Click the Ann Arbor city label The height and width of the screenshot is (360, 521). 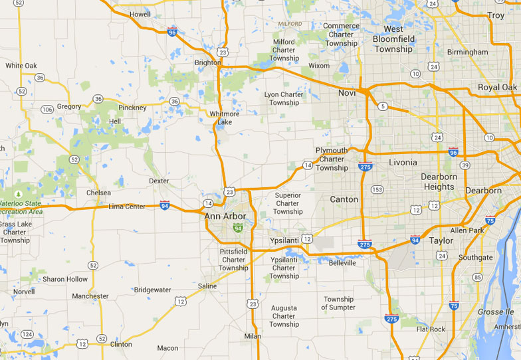click(225, 216)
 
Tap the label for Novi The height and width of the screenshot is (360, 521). click(347, 93)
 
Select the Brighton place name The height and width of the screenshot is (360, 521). click(207, 62)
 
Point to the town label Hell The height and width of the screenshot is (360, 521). click(115, 122)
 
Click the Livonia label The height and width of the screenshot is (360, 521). click(403, 162)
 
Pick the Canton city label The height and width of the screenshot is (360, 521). click(344, 199)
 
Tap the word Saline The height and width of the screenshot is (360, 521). click(207, 286)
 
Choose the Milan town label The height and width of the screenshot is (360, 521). click(253, 336)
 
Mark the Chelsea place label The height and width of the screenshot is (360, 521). click(99, 193)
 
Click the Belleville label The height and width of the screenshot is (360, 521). click(342, 263)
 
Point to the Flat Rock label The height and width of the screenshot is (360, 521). click(431, 329)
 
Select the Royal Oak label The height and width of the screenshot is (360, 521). click(497, 88)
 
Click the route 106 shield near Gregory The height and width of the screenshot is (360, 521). click(47, 109)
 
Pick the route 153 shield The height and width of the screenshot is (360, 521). click(377, 189)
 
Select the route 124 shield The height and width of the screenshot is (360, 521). click(27, 334)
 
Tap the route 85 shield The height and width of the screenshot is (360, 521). click(476, 277)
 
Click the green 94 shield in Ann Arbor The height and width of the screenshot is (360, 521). click(237, 228)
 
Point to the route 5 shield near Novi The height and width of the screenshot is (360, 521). click(383, 106)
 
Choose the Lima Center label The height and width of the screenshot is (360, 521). click(126, 207)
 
